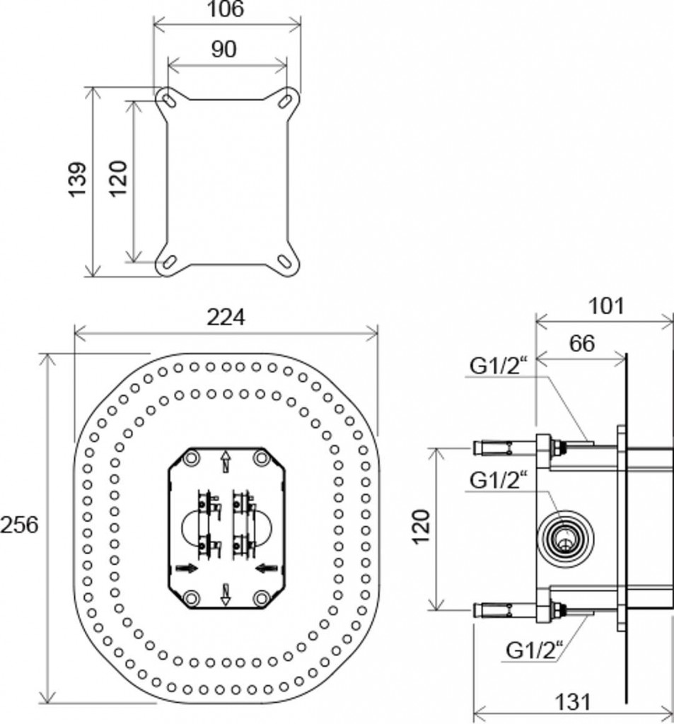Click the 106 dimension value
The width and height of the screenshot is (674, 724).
(226, 9)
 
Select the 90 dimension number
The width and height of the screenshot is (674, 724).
(224, 49)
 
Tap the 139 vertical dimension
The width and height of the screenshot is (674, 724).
(78, 179)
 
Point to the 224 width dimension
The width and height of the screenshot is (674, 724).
(226, 317)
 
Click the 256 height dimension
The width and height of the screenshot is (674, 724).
(19, 525)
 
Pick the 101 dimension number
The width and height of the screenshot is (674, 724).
(606, 306)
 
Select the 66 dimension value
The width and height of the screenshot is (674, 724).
(581, 344)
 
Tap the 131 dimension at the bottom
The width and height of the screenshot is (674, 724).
(573, 702)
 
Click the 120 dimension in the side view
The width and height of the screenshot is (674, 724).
(422, 527)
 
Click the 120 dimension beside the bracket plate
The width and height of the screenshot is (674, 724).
(119, 178)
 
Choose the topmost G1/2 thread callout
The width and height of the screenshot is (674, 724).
(499, 366)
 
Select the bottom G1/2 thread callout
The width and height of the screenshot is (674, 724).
(535, 650)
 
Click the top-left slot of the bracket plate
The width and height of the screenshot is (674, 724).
(168, 101)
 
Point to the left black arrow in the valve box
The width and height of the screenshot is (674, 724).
(187, 568)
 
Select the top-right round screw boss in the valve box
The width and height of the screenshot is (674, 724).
(262, 458)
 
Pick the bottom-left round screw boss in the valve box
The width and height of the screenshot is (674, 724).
(191, 597)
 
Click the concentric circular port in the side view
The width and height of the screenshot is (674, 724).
(566, 538)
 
